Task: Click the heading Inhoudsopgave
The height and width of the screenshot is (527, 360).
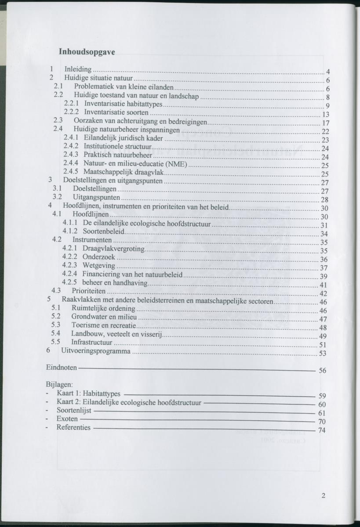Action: (87, 52)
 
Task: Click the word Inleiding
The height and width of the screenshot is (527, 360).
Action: (78, 69)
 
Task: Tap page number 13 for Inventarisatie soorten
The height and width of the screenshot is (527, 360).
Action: (326, 115)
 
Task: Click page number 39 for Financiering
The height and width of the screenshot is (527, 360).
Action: (324, 277)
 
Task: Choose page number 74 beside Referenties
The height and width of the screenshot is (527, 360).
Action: (321, 430)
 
